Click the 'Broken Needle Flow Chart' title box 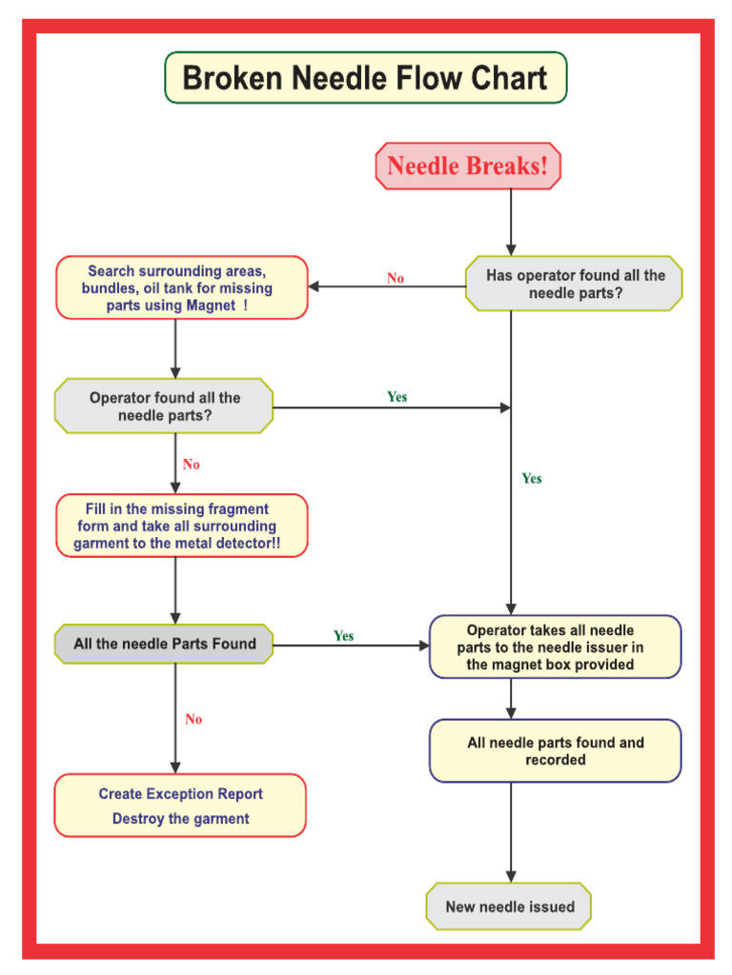click(365, 78)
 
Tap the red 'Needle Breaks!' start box click(468, 167)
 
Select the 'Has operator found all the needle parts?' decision click(574, 284)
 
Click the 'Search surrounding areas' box click(181, 288)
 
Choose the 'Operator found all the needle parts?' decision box click(164, 407)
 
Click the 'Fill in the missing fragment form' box click(181, 527)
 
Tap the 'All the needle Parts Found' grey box click(164, 644)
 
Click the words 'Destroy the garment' click(180, 819)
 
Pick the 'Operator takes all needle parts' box click(555, 647)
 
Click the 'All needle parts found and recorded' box click(555, 751)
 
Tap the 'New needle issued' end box click(509, 906)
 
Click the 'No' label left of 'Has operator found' click(396, 278)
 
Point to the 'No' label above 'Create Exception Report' click(193, 719)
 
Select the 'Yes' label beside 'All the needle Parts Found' click(344, 635)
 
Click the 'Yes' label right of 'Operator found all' click(397, 396)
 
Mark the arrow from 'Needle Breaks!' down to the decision click(511, 222)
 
